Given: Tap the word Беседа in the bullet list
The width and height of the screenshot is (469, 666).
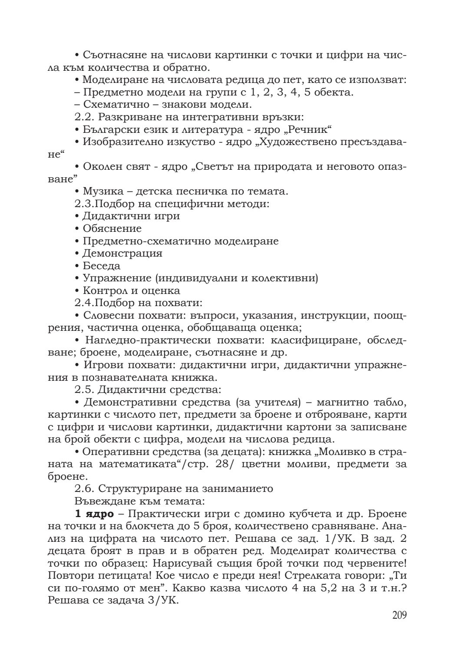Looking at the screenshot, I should click(x=102, y=266).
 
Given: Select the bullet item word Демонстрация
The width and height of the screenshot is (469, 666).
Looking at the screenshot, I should click(x=122, y=253).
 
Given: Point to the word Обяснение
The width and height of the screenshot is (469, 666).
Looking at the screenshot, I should click(x=112, y=228).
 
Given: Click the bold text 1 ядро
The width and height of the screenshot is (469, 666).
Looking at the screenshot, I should click(x=94, y=514).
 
